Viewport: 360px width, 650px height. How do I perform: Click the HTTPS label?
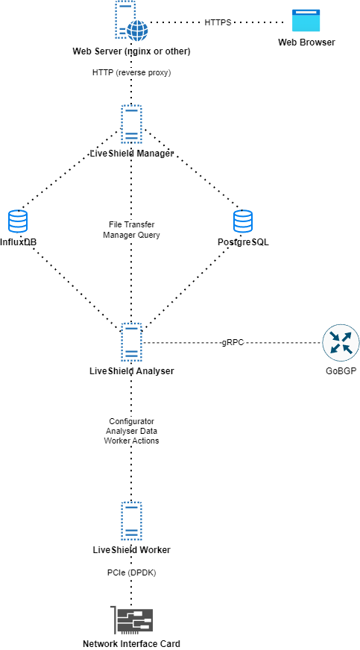point(218,22)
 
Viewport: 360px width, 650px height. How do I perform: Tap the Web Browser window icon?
point(306,21)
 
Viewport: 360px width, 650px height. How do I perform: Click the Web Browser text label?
point(306,42)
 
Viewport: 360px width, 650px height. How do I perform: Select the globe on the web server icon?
point(137,30)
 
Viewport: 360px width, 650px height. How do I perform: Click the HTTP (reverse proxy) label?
point(131,72)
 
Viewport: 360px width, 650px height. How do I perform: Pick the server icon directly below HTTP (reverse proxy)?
point(131,124)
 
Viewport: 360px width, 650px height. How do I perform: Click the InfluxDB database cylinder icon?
point(18,221)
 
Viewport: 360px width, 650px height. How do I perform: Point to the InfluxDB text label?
point(18,242)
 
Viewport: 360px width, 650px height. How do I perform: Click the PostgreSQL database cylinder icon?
point(243,221)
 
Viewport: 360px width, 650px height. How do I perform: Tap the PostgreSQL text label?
point(243,242)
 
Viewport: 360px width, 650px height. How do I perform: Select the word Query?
point(148,234)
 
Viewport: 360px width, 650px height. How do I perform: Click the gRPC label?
point(233,342)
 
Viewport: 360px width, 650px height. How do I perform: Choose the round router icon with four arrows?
point(341,343)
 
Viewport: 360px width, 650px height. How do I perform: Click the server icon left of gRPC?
point(131,342)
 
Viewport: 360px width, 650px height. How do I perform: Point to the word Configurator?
point(131,422)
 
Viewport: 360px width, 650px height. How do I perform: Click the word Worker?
point(119,441)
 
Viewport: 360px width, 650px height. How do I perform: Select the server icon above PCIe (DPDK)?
point(131,520)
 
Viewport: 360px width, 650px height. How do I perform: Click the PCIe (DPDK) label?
point(131,572)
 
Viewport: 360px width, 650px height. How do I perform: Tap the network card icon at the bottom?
point(133,619)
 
